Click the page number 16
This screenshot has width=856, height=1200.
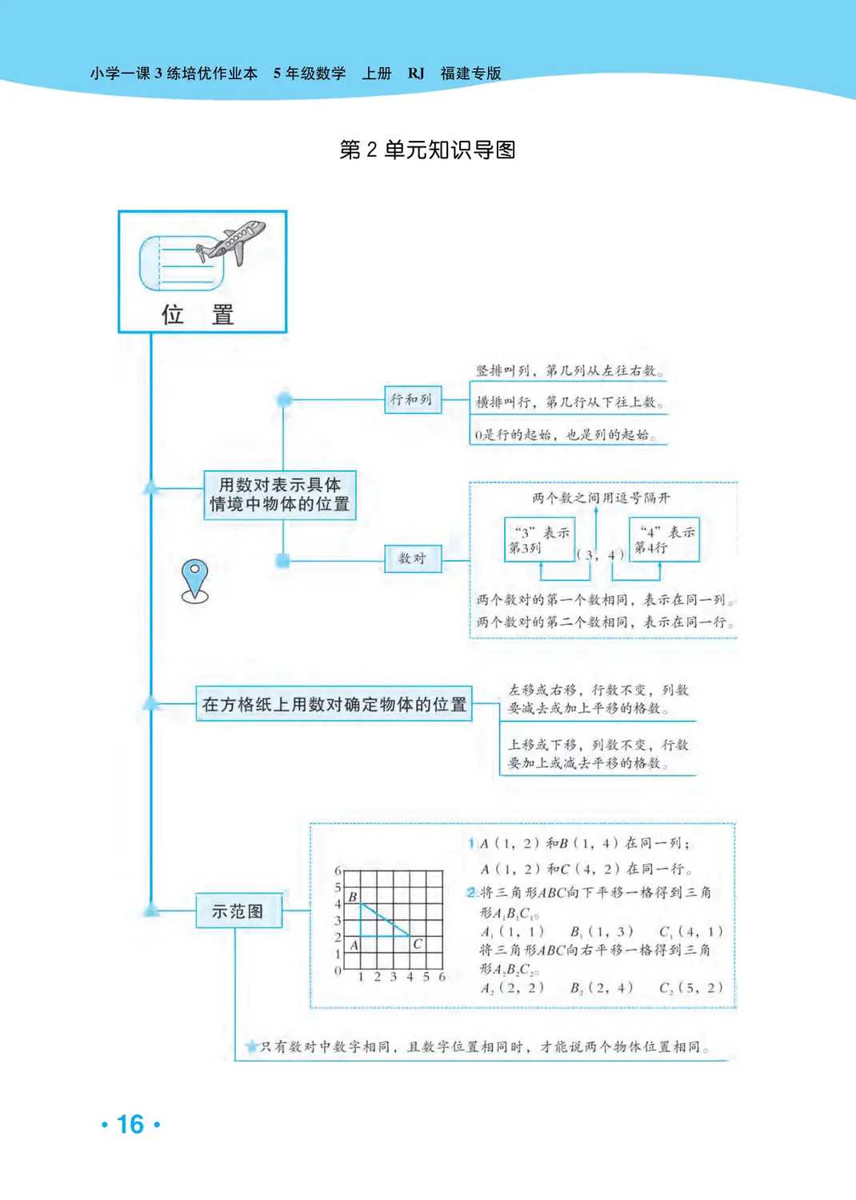(x=130, y=1124)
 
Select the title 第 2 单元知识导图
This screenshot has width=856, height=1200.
(x=427, y=150)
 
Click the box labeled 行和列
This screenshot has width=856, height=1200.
(x=411, y=399)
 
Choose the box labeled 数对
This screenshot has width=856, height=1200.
(x=412, y=558)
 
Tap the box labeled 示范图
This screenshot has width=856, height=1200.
(x=238, y=911)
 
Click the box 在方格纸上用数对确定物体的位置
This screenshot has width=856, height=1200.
(x=334, y=704)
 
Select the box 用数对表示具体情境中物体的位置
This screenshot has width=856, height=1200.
(x=279, y=494)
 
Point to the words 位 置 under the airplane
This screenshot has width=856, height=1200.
(x=197, y=314)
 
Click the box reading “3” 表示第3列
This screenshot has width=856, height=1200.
(x=539, y=540)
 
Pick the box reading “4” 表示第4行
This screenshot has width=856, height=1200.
(x=664, y=540)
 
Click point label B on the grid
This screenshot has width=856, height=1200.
(x=353, y=897)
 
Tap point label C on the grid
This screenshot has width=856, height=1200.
(x=417, y=944)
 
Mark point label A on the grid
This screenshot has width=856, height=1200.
(x=354, y=945)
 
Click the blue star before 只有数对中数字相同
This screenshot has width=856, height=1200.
(x=251, y=1046)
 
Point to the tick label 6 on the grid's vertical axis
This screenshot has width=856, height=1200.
(x=338, y=870)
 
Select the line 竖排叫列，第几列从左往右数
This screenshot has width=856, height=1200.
(x=569, y=370)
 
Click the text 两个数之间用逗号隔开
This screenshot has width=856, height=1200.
(x=601, y=498)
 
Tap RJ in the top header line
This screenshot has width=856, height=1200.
(x=416, y=74)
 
